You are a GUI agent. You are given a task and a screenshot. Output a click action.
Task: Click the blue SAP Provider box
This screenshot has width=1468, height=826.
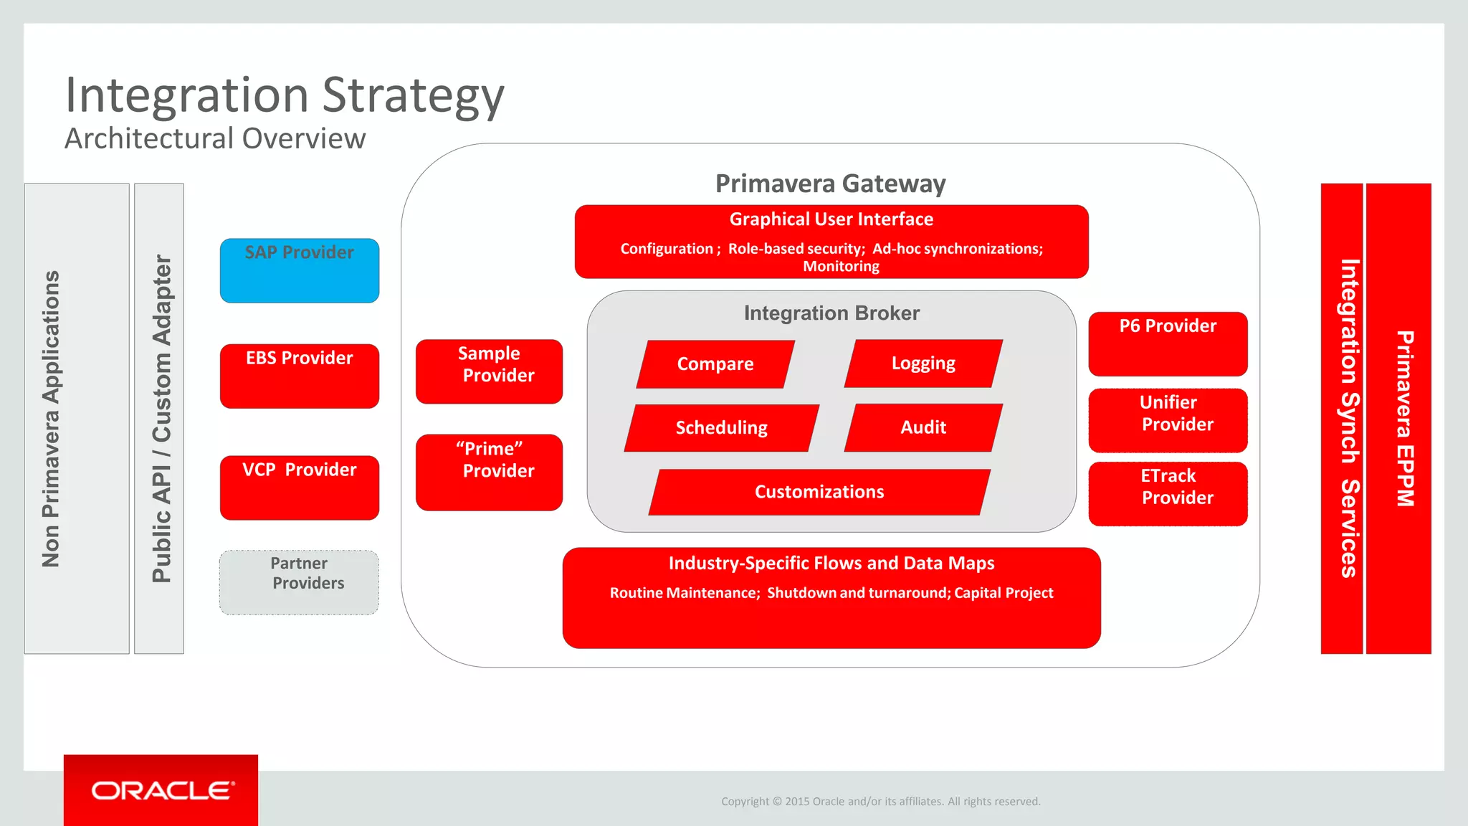[x=299, y=270]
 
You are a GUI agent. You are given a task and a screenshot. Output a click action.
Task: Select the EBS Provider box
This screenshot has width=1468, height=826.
[x=299, y=376]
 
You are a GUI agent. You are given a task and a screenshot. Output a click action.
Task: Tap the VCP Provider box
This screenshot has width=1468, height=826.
[x=299, y=488]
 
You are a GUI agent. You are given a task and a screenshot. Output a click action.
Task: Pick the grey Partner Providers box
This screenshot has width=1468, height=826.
[x=299, y=582]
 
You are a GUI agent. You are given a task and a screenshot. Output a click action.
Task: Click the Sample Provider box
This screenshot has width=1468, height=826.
[x=489, y=371]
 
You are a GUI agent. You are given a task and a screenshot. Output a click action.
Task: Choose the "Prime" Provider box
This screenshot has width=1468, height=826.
[x=489, y=472]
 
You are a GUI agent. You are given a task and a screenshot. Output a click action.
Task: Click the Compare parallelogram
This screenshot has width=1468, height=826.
[x=715, y=364]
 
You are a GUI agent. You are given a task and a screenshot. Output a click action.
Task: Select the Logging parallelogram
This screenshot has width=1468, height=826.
[x=923, y=364]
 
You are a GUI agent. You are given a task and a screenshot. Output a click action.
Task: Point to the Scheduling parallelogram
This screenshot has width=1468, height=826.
[x=721, y=428]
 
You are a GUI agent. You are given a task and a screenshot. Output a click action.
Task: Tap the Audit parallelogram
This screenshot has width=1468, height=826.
[x=923, y=427]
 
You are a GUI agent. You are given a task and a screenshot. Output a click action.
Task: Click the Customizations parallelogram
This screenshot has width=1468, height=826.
[x=819, y=492]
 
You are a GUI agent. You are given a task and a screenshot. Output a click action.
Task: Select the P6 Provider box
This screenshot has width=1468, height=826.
[x=1168, y=343]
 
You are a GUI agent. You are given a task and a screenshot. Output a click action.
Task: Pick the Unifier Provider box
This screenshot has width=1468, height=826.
[x=1168, y=420]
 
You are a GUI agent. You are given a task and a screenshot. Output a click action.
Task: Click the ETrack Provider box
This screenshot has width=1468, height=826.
[x=1168, y=493]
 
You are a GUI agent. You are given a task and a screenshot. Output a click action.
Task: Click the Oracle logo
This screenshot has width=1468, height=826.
[x=161, y=790]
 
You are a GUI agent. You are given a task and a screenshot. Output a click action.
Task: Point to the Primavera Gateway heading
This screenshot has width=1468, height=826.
[x=830, y=184]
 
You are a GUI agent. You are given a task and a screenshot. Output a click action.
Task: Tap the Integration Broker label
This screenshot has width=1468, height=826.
[x=831, y=313]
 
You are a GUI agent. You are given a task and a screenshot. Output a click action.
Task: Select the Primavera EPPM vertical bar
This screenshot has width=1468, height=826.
[x=1398, y=419]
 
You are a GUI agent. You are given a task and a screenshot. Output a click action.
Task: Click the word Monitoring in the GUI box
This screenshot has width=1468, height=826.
[x=841, y=267]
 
